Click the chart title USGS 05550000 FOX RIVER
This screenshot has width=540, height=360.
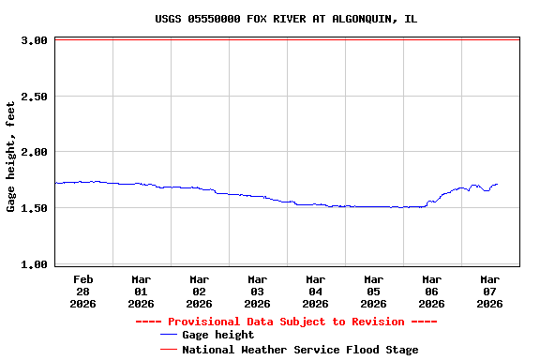click(x=286, y=19)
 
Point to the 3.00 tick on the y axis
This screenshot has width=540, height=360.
click(x=35, y=40)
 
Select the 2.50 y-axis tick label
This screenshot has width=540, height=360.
click(x=35, y=97)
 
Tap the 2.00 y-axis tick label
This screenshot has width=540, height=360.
click(x=35, y=152)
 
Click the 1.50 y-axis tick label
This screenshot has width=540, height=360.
click(x=35, y=208)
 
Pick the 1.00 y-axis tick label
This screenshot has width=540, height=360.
click(x=35, y=264)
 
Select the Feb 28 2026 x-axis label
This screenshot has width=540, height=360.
click(x=82, y=291)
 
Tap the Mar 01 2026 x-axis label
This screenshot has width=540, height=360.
click(x=141, y=291)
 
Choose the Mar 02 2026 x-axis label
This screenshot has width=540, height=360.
click(x=199, y=291)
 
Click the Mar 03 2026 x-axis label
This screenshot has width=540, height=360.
click(x=257, y=291)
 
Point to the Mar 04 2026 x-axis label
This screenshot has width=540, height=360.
click(x=315, y=291)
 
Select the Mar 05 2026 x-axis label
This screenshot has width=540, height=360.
click(x=373, y=291)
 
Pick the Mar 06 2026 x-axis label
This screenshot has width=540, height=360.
click(x=431, y=291)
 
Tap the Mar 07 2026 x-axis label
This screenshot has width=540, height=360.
click(x=489, y=291)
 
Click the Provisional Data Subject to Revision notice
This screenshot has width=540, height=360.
click(x=286, y=322)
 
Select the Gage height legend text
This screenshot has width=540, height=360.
click(x=217, y=335)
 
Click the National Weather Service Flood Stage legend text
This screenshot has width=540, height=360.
click(x=300, y=350)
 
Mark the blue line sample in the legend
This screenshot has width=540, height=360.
click(x=169, y=335)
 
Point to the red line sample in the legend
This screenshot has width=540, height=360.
click(x=169, y=350)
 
